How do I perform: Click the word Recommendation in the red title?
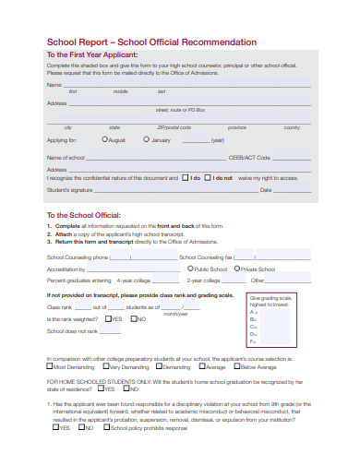(x=219, y=42)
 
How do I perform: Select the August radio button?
(x=105, y=139)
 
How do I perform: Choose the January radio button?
(x=147, y=139)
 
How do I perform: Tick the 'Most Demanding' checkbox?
(x=50, y=366)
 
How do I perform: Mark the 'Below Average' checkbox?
(x=234, y=366)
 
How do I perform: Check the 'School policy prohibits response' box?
(x=106, y=427)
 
